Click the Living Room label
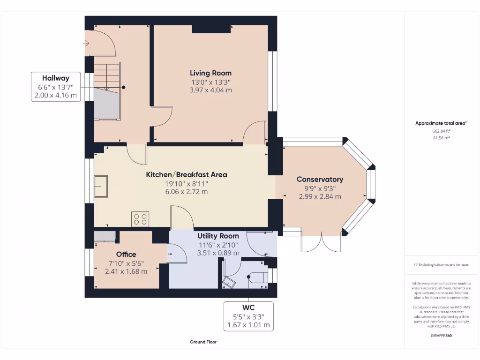210,73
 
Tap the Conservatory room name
320,180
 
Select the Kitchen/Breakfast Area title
187,175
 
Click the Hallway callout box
56,87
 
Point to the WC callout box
248,316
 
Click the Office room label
126,255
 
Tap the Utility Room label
218,236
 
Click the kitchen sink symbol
101,186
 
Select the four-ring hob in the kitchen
141,219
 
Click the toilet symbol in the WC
230,281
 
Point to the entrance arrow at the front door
86,44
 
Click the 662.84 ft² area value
441,131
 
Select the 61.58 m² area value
441,138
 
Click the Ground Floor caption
203,342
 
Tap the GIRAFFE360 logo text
441,336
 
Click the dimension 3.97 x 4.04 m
210,90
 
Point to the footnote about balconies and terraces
441,265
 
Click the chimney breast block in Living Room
211,29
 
